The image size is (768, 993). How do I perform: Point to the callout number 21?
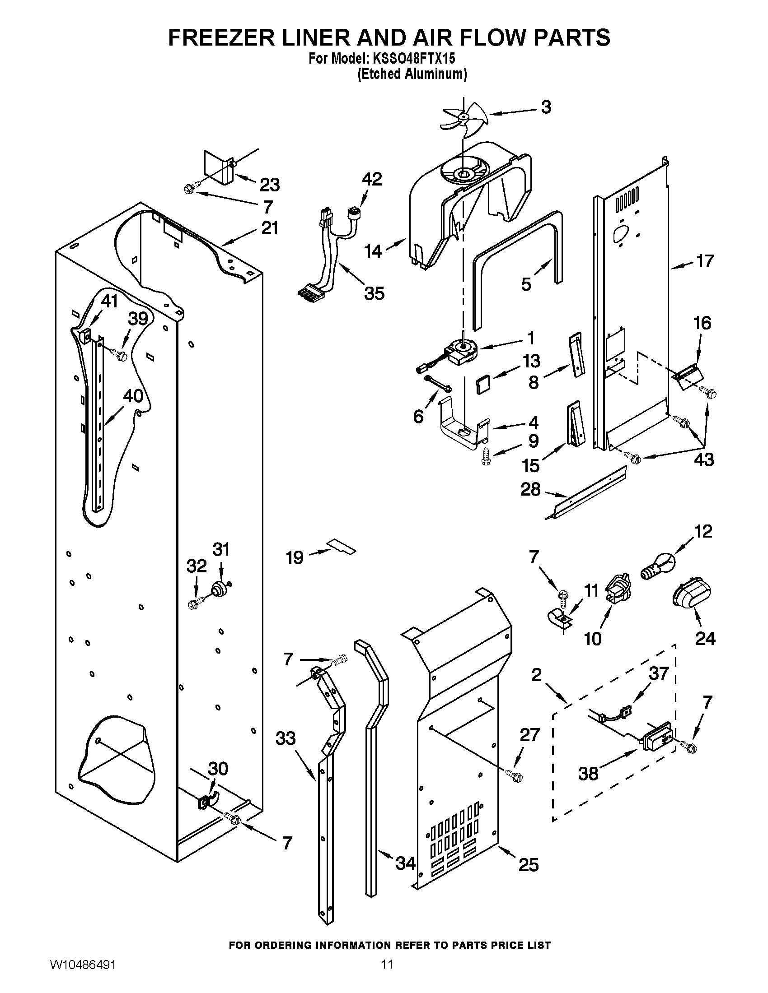pos(269,228)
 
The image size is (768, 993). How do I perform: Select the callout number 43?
pos(703,459)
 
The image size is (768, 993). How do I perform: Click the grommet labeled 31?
pos(220,590)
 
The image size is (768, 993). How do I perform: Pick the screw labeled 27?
pos(515,777)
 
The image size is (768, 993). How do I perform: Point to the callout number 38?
pos(588,773)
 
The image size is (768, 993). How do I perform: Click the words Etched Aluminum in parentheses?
pos(412,74)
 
